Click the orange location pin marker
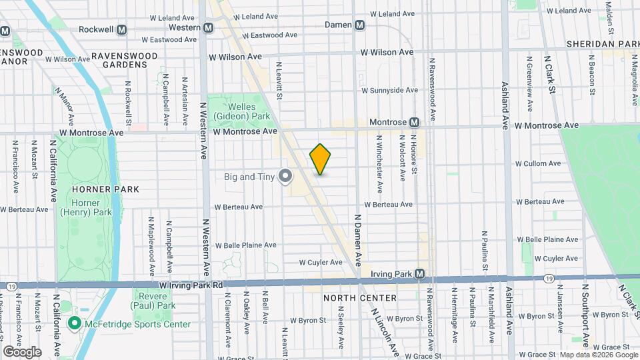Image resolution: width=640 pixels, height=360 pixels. tap(321, 159)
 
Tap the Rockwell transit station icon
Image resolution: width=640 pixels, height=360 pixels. tap(122, 29)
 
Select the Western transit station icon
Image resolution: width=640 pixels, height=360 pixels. tap(209, 27)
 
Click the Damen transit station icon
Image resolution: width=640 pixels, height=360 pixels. tap(360, 25)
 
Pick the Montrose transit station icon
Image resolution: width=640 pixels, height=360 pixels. tap(414, 123)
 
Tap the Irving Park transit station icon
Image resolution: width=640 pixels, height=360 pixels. tap(419, 273)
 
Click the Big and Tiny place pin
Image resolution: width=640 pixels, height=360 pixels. tap(286, 177)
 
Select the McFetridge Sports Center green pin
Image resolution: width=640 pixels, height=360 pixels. tap(74, 324)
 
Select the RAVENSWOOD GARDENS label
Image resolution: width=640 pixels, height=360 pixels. tap(119, 60)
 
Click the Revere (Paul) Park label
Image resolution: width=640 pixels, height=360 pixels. tap(154, 300)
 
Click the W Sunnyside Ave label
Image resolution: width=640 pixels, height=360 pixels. tap(389, 90)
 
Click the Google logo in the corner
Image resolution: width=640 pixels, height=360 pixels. tap(22, 351)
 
